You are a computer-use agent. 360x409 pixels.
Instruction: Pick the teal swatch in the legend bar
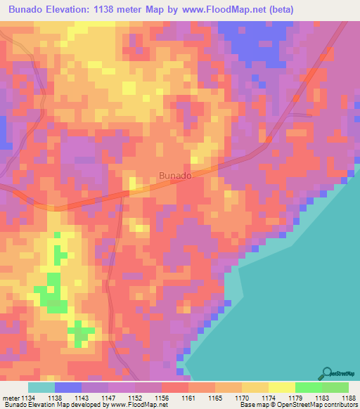point(41,387)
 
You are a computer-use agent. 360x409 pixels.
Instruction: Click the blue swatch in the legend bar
point(67,387)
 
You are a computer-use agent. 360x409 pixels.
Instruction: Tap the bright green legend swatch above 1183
point(308,387)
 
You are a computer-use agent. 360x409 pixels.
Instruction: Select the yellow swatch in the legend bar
point(281,387)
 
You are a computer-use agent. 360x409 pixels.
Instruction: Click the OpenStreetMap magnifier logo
point(327,372)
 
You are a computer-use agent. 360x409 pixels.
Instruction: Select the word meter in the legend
point(9,397)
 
